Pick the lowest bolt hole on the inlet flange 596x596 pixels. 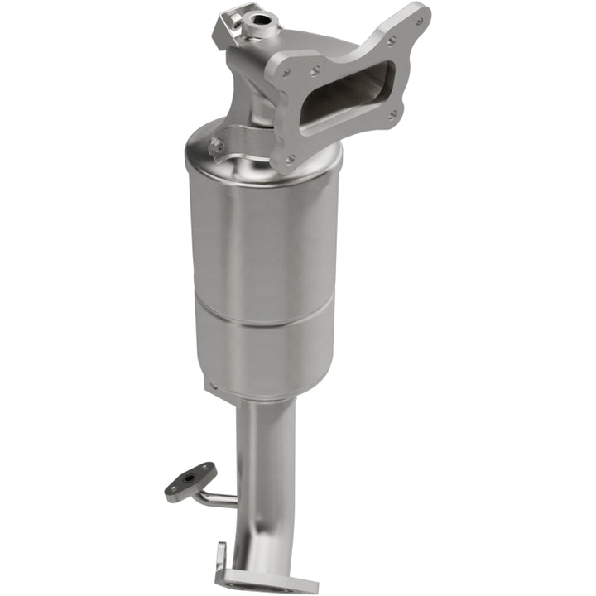tap(290, 158)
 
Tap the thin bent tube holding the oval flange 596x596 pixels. tap(217, 497)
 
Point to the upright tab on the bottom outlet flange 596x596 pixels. tap(222, 558)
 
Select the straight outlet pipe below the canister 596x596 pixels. tap(265, 447)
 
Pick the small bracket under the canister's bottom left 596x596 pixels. tap(212, 386)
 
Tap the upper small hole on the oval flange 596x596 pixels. tap(207, 469)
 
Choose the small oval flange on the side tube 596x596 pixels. tap(190, 481)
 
